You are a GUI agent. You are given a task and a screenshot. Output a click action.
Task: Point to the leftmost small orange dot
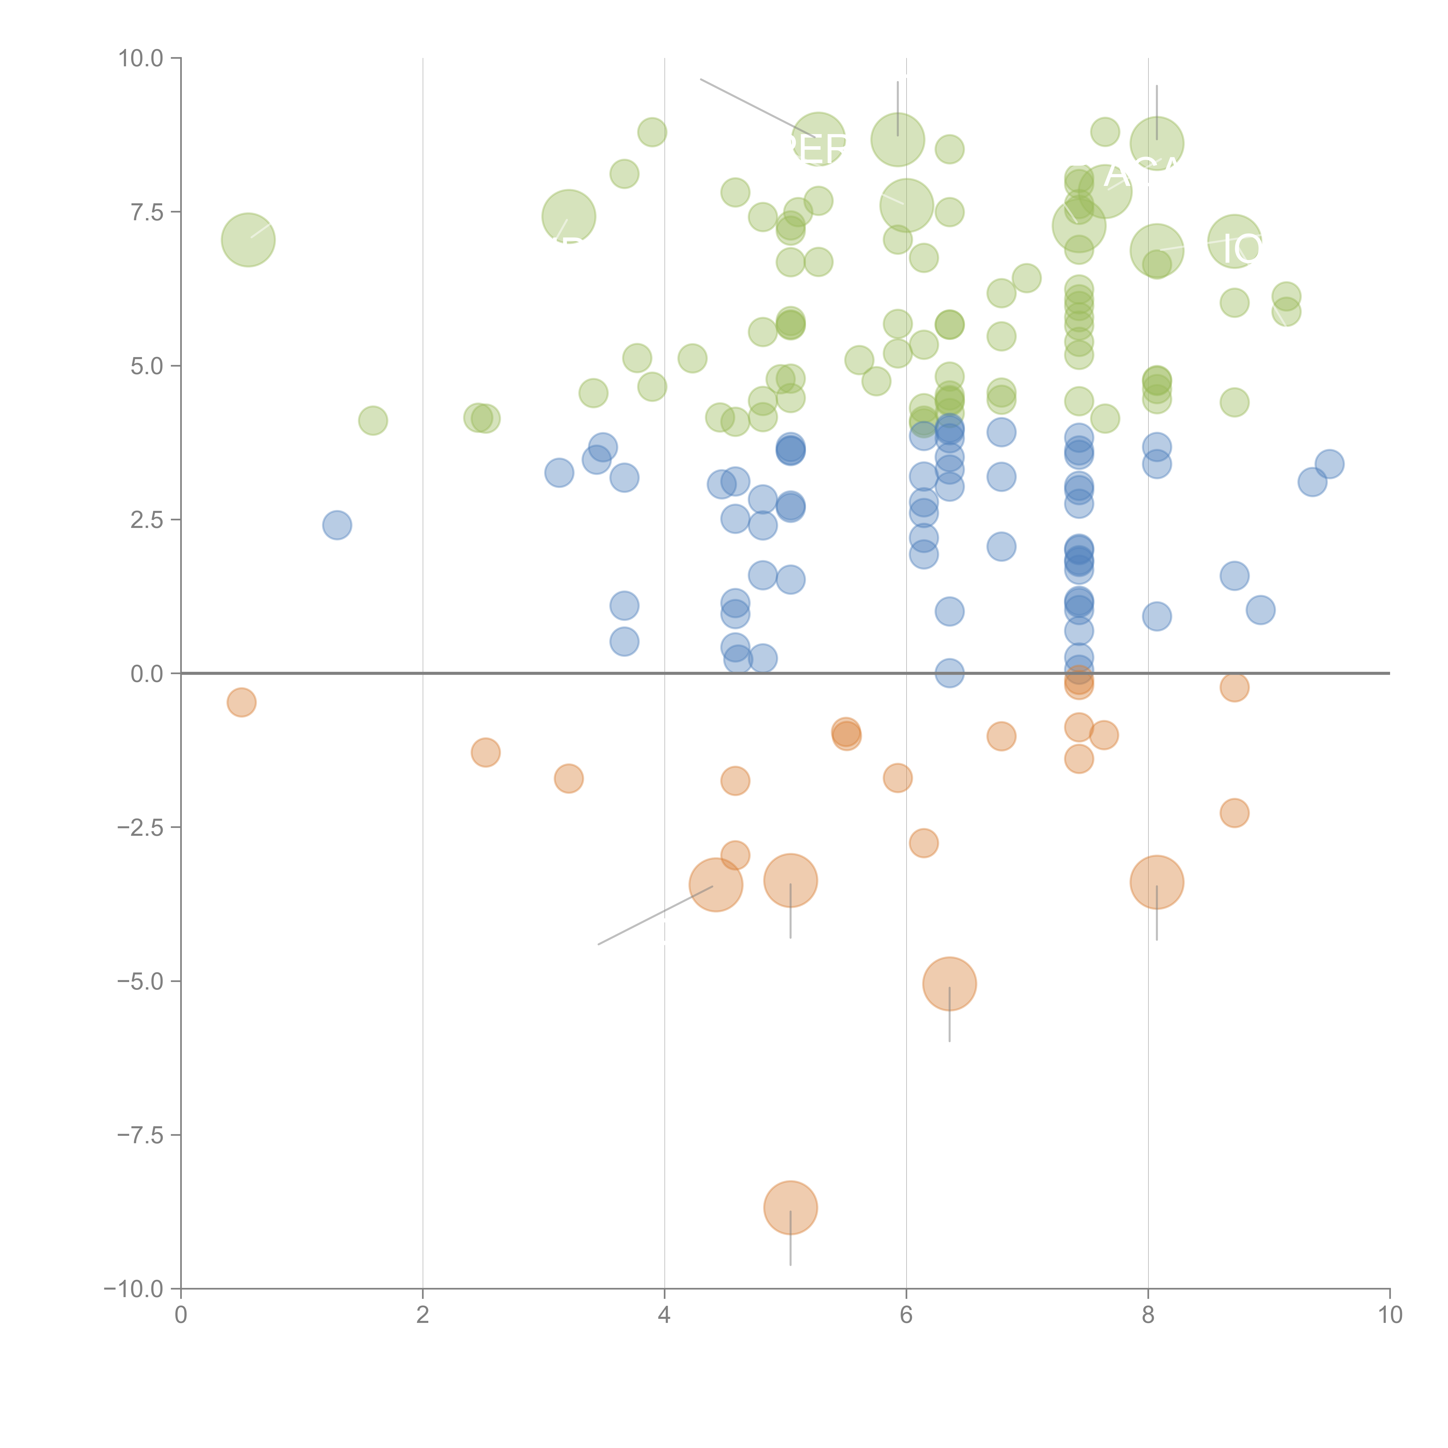point(241,702)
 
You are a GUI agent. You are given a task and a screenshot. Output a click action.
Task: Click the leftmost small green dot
point(372,420)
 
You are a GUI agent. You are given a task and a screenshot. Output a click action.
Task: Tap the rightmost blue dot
point(1329,464)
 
